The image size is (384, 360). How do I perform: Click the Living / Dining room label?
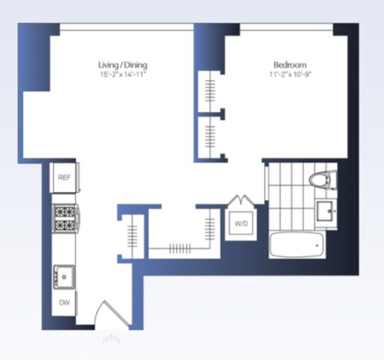tap(123, 64)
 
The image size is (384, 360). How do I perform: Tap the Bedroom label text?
tap(290, 64)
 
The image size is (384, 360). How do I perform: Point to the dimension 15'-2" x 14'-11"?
tap(123, 74)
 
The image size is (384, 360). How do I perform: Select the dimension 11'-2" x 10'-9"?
tap(290, 74)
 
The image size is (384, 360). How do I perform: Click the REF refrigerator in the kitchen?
tap(64, 178)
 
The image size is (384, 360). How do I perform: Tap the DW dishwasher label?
tap(64, 303)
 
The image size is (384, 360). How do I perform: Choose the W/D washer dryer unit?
tap(241, 224)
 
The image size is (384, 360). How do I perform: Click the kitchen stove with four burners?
tap(65, 219)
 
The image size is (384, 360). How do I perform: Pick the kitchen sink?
tap(64, 277)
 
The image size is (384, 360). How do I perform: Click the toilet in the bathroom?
tap(323, 180)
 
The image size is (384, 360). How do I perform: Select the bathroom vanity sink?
tap(325, 211)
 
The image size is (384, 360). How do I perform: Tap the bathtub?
tap(297, 245)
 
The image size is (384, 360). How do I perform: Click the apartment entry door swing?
tap(112, 313)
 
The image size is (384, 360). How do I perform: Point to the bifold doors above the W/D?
tap(241, 200)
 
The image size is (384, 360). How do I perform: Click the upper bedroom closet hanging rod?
tap(210, 91)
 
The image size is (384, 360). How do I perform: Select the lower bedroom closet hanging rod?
tap(210, 137)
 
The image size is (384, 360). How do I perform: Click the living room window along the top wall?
tap(126, 27)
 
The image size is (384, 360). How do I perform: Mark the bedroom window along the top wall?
tap(286, 27)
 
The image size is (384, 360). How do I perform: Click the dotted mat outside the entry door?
tap(112, 339)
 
